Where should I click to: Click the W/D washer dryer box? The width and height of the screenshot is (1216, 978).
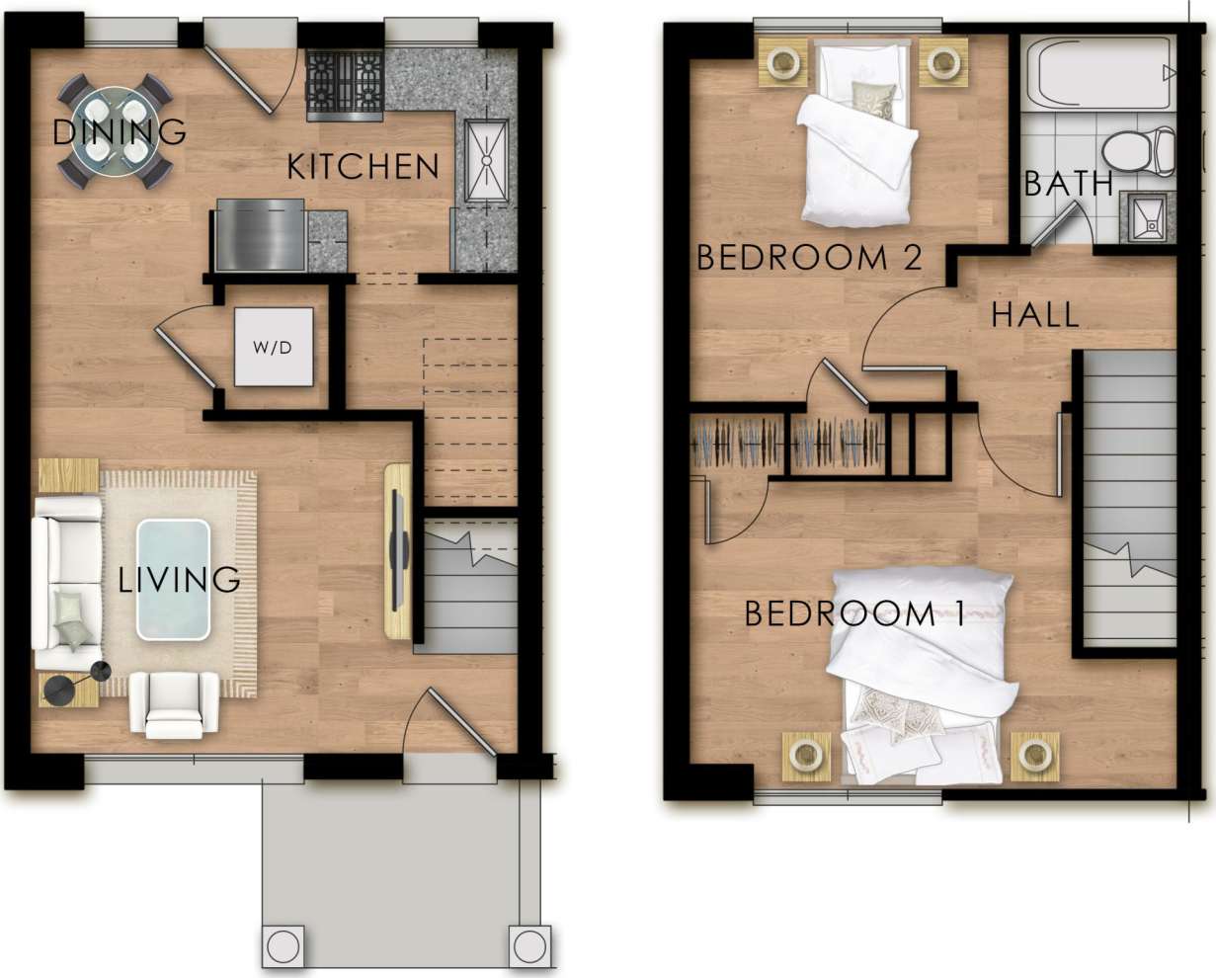click(274, 348)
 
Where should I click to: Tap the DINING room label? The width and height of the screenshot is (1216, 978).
click(119, 131)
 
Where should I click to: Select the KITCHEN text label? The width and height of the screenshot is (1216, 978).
click(363, 167)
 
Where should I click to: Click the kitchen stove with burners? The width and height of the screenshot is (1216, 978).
click(345, 85)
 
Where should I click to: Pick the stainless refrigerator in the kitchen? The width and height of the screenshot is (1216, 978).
click(259, 234)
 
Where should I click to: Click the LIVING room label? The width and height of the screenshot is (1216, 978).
click(179, 579)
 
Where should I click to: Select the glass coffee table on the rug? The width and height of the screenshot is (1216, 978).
click(174, 579)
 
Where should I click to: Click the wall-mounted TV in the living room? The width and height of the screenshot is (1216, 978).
click(398, 550)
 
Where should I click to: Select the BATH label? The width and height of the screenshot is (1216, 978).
click(1068, 184)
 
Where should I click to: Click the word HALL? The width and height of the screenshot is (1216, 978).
click(1034, 315)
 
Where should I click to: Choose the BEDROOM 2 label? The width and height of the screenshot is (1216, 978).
click(809, 258)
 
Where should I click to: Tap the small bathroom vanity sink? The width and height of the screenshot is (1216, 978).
click(1148, 217)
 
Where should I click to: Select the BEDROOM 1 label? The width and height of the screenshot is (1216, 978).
click(853, 614)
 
